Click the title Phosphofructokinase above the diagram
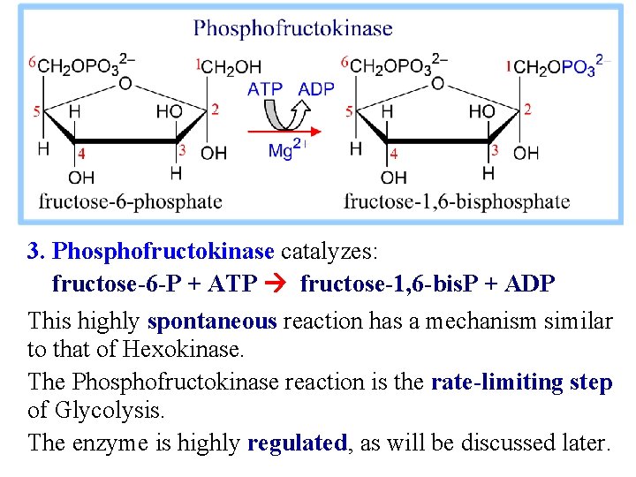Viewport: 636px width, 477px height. pyautogui.click(x=293, y=28)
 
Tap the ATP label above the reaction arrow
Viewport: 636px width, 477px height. pyautogui.click(x=265, y=88)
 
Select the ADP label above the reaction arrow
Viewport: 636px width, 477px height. pyautogui.click(x=316, y=88)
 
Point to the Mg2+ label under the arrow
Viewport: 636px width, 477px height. pyautogui.click(x=286, y=150)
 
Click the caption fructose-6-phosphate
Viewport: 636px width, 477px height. pyautogui.click(x=130, y=201)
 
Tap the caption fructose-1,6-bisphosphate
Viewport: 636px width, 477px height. pyautogui.click(x=457, y=201)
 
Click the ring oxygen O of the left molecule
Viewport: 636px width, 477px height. pyautogui.click(x=126, y=83)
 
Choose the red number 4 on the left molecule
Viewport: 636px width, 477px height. pyautogui.click(x=81, y=154)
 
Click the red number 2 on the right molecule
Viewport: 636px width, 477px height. pyautogui.click(x=527, y=109)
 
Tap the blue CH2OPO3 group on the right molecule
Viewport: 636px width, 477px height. pyautogui.click(x=557, y=67)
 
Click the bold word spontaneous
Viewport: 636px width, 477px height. pyautogui.click(x=213, y=321)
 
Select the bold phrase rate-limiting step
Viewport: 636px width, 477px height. pyautogui.click(x=521, y=382)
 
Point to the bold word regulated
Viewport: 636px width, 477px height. pyautogui.click(x=298, y=443)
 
